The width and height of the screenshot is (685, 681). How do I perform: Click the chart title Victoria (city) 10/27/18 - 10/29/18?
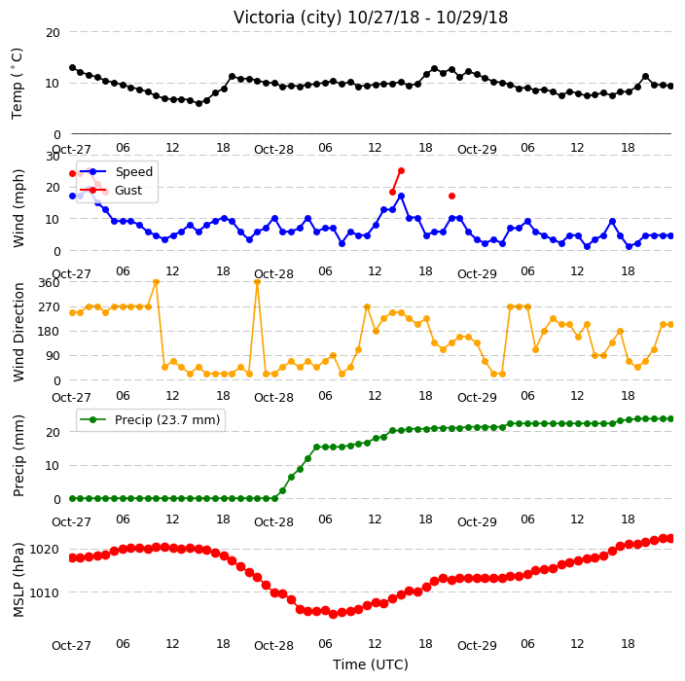click(371, 18)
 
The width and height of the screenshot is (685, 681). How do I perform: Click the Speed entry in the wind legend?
click(133, 171)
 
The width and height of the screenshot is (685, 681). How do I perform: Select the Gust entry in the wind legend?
click(128, 191)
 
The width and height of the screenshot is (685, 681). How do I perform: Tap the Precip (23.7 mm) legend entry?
click(167, 419)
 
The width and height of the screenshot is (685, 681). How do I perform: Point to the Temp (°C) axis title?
click(17, 84)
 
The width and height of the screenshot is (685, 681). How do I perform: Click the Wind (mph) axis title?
click(18, 208)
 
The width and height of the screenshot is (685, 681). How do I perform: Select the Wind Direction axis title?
click(18, 332)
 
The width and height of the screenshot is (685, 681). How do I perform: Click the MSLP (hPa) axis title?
click(18, 580)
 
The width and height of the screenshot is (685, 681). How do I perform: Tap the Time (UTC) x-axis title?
click(371, 664)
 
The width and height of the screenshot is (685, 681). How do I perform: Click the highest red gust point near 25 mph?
click(401, 171)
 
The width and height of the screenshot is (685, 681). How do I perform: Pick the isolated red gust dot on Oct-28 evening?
click(451, 197)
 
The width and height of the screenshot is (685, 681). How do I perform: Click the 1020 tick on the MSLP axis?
click(44, 550)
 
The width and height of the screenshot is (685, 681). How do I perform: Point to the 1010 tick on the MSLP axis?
click(44, 592)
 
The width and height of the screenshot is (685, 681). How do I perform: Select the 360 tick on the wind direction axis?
click(49, 283)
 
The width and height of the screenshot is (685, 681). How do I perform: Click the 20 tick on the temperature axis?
click(53, 33)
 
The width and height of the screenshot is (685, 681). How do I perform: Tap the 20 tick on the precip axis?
click(53, 433)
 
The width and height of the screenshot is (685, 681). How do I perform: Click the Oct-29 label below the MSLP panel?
click(477, 646)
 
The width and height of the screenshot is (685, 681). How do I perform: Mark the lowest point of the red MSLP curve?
click(334, 614)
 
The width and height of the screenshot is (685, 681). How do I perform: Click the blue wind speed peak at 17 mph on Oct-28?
click(401, 197)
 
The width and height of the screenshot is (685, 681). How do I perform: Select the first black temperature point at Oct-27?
click(73, 68)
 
